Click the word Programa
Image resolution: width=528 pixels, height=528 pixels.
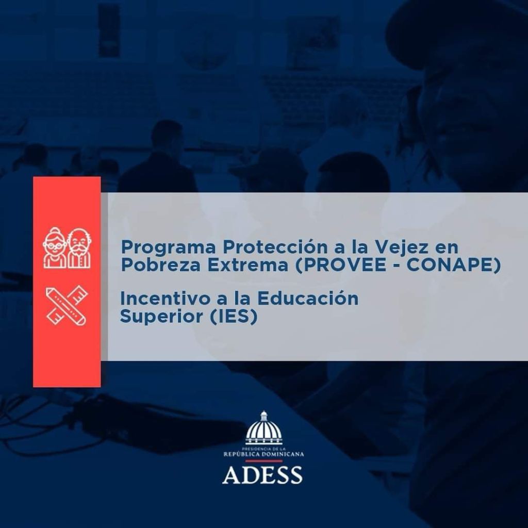(169, 249)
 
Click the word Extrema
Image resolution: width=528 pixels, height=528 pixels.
(247, 265)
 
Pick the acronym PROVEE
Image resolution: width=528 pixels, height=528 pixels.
(340, 266)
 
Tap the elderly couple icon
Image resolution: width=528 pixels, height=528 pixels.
(67, 248)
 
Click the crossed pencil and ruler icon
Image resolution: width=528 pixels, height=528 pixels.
(67, 305)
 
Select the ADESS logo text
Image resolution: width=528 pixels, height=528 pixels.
(262, 474)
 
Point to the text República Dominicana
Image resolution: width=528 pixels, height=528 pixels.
(263, 454)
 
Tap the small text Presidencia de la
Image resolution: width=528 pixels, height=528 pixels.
(263, 449)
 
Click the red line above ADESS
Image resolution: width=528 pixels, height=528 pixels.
(263, 460)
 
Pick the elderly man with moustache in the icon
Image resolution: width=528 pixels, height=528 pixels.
(79, 248)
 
